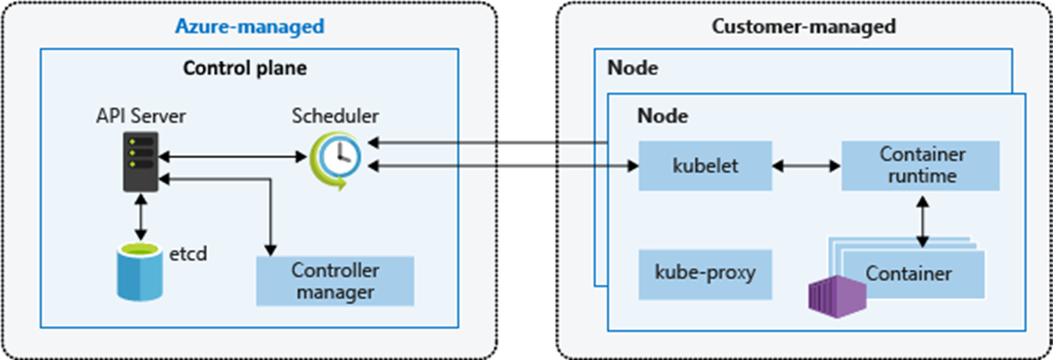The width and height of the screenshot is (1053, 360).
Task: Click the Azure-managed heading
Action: [250, 27]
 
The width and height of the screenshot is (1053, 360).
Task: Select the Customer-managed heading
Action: [803, 27]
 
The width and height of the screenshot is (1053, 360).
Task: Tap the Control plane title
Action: [245, 68]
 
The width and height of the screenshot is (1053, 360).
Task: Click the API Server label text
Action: [141, 116]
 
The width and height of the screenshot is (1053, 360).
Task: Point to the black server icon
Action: [141, 161]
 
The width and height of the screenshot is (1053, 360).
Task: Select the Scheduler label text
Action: [335, 116]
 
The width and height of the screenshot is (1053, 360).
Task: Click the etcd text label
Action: [188, 253]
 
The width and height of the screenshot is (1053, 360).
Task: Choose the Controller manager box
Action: [335, 281]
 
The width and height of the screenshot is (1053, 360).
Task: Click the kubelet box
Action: [705, 166]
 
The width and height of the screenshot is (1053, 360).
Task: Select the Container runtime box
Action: [921, 165]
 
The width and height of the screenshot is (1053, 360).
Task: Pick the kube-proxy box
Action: [705, 274]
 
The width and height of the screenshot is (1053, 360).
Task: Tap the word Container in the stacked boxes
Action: [908, 274]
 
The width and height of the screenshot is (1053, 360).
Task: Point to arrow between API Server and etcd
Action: [141, 217]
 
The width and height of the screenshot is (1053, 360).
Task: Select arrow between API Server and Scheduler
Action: [233, 157]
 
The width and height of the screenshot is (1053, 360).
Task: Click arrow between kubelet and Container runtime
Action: [806, 166]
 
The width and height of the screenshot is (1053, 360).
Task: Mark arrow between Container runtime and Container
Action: [922, 221]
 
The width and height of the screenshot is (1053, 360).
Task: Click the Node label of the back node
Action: [633, 68]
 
